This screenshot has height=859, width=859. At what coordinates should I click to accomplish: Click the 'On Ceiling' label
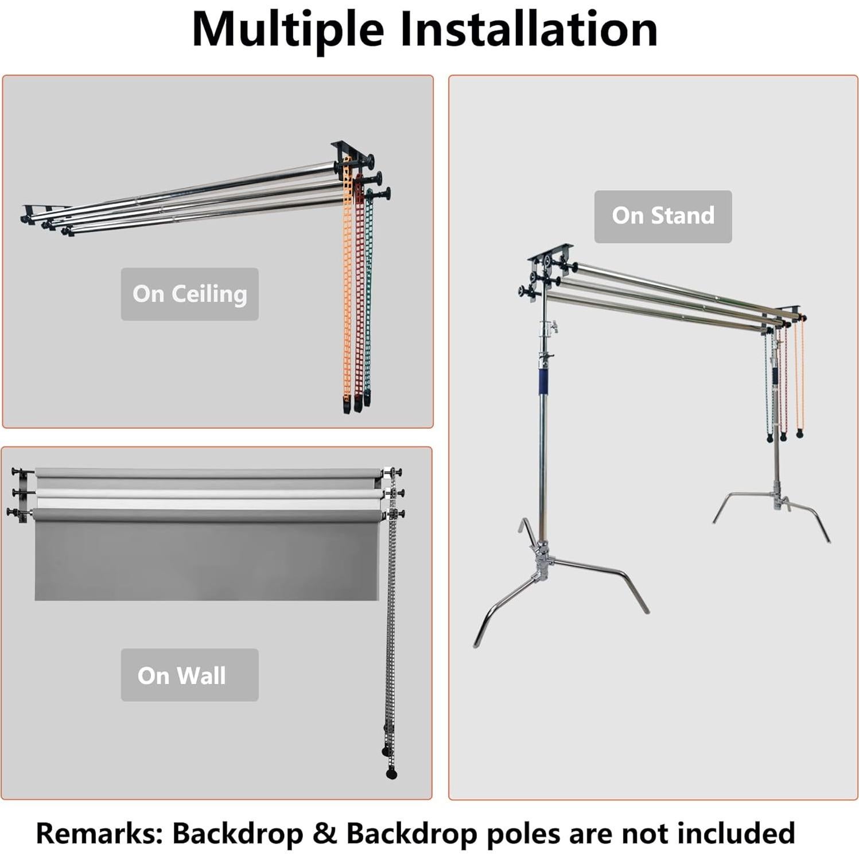point(189,294)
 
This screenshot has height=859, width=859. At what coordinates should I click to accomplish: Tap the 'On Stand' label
point(663,216)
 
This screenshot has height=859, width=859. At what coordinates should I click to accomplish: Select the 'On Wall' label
point(182,675)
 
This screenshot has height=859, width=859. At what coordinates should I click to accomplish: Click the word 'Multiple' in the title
point(287,30)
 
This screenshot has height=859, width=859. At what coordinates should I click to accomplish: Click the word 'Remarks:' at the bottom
point(99,833)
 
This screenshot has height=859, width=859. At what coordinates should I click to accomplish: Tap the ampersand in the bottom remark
point(325,833)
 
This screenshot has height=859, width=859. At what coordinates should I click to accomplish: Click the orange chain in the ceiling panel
point(347,287)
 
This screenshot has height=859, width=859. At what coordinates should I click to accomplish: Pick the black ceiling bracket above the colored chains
point(351,150)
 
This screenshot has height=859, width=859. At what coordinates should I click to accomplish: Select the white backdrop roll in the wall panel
point(207,495)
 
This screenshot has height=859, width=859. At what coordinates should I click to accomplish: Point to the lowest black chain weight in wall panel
point(391,774)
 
